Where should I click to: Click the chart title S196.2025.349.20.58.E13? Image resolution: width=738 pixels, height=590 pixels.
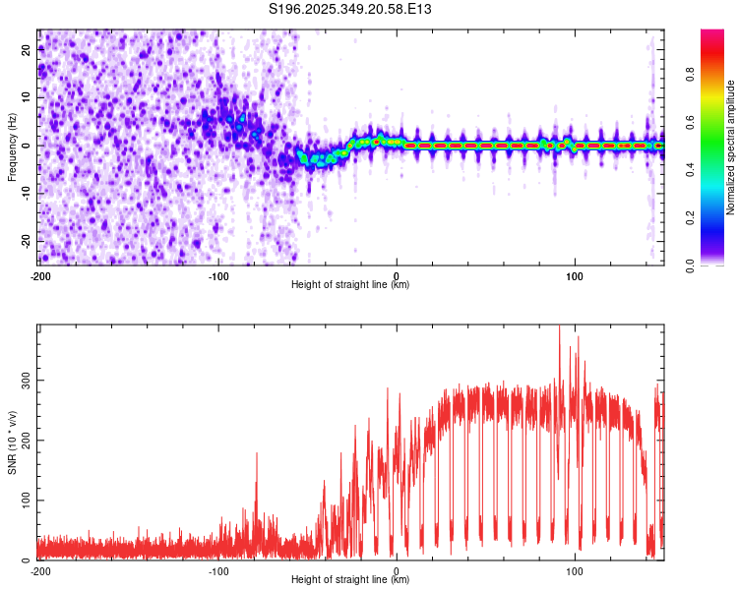pos(350,10)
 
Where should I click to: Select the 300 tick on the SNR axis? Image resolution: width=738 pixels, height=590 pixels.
pos(23,379)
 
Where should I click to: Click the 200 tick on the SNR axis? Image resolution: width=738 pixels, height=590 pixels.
pos(23,440)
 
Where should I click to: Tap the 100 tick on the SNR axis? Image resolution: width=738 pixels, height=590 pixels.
pos(23,501)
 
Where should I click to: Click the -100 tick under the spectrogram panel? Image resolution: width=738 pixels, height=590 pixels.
pos(217,275)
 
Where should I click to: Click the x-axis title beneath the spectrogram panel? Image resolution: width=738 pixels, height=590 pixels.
pos(350,285)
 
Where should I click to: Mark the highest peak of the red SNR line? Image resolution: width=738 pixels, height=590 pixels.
pos(560,327)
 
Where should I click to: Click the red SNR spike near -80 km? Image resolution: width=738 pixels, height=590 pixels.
pos(257,455)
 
